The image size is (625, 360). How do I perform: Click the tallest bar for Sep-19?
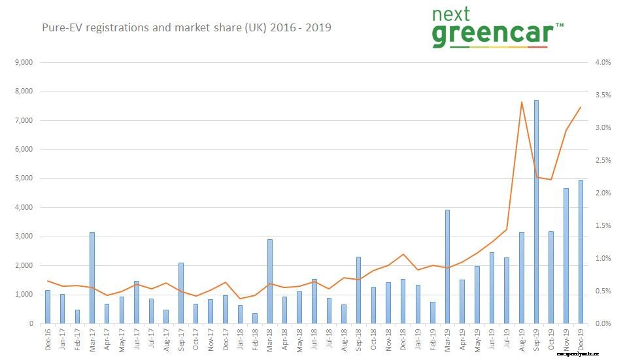pyautogui.click(x=536, y=212)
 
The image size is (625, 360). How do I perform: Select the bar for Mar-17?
pyautogui.click(x=92, y=278)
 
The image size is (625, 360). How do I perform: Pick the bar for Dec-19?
pyautogui.click(x=580, y=252)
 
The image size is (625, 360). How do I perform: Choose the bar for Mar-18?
pyautogui.click(x=270, y=282)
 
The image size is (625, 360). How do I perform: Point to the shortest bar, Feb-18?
pyautogui.click(x=255, y=318)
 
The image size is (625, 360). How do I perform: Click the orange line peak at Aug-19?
pyautogui.click(x=521, y=102)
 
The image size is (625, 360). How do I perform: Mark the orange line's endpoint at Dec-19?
pyautogui.click(x=581, y=107)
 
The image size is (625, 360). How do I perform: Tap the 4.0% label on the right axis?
pyautogui.click(x=603, y=63)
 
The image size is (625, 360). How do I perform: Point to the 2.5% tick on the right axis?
pyautogui.click(x=603, y=161)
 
